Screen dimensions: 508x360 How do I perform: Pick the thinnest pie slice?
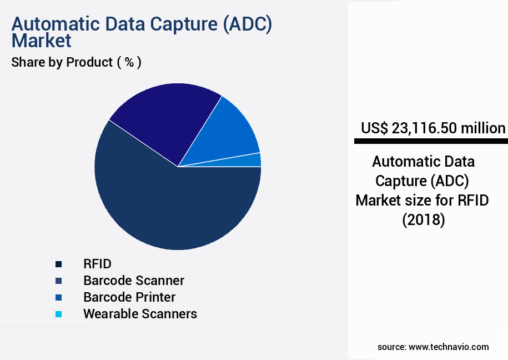click(246, 161)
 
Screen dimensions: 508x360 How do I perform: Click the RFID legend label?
click(97, 264)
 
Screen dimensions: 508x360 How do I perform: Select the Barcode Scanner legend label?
click(134, 281)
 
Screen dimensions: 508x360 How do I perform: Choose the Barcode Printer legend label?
click(129, 297)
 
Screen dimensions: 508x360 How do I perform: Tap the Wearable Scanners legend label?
click(140, 314)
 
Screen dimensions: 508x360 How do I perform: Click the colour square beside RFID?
click(59, 264)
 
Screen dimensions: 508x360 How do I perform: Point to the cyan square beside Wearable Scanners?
click(59, 314)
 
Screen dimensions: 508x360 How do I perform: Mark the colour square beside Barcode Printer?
click(59, 297)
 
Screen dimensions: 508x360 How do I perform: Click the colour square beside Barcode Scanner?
click(59, 281)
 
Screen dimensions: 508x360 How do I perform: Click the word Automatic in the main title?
click(56, 24)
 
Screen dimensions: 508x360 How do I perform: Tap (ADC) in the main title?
click(248, 24)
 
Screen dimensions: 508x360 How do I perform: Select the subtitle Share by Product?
click(62, 62)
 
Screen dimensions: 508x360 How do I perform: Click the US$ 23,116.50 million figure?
click(433, 128)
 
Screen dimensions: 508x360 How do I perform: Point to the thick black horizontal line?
click(431, 141)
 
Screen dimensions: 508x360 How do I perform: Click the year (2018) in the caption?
click(424, 220)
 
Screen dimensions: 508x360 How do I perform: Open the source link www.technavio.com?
click(449, 347)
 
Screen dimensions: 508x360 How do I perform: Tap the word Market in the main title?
click(41, 41)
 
